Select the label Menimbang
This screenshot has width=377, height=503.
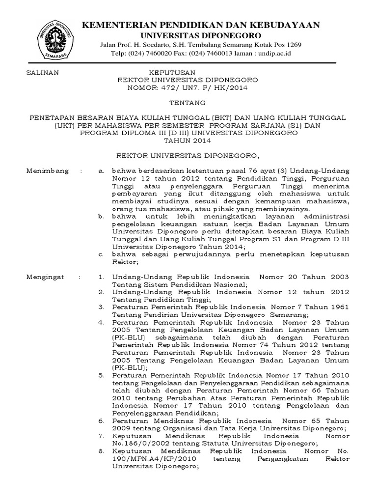(x=45, y=171)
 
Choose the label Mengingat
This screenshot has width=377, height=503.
(x=45, y=278)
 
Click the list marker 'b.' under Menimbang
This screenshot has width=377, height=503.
(x=101, y=216)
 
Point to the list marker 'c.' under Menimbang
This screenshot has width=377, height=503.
(x=101, y=254)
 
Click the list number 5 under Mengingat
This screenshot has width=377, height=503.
(x=101, y=376)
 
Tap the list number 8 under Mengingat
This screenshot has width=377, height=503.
(x=101, y=451)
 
